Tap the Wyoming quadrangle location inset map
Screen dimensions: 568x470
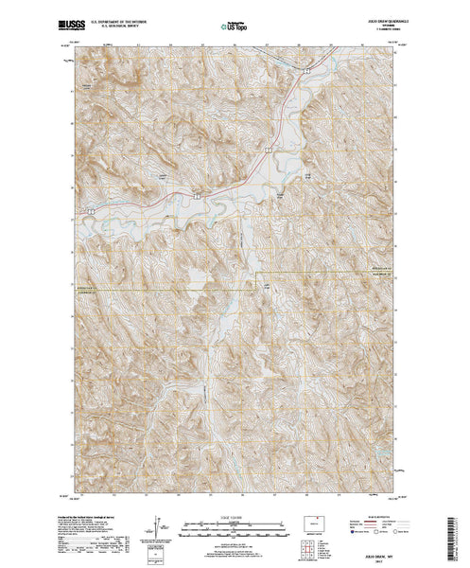point(313,523)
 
